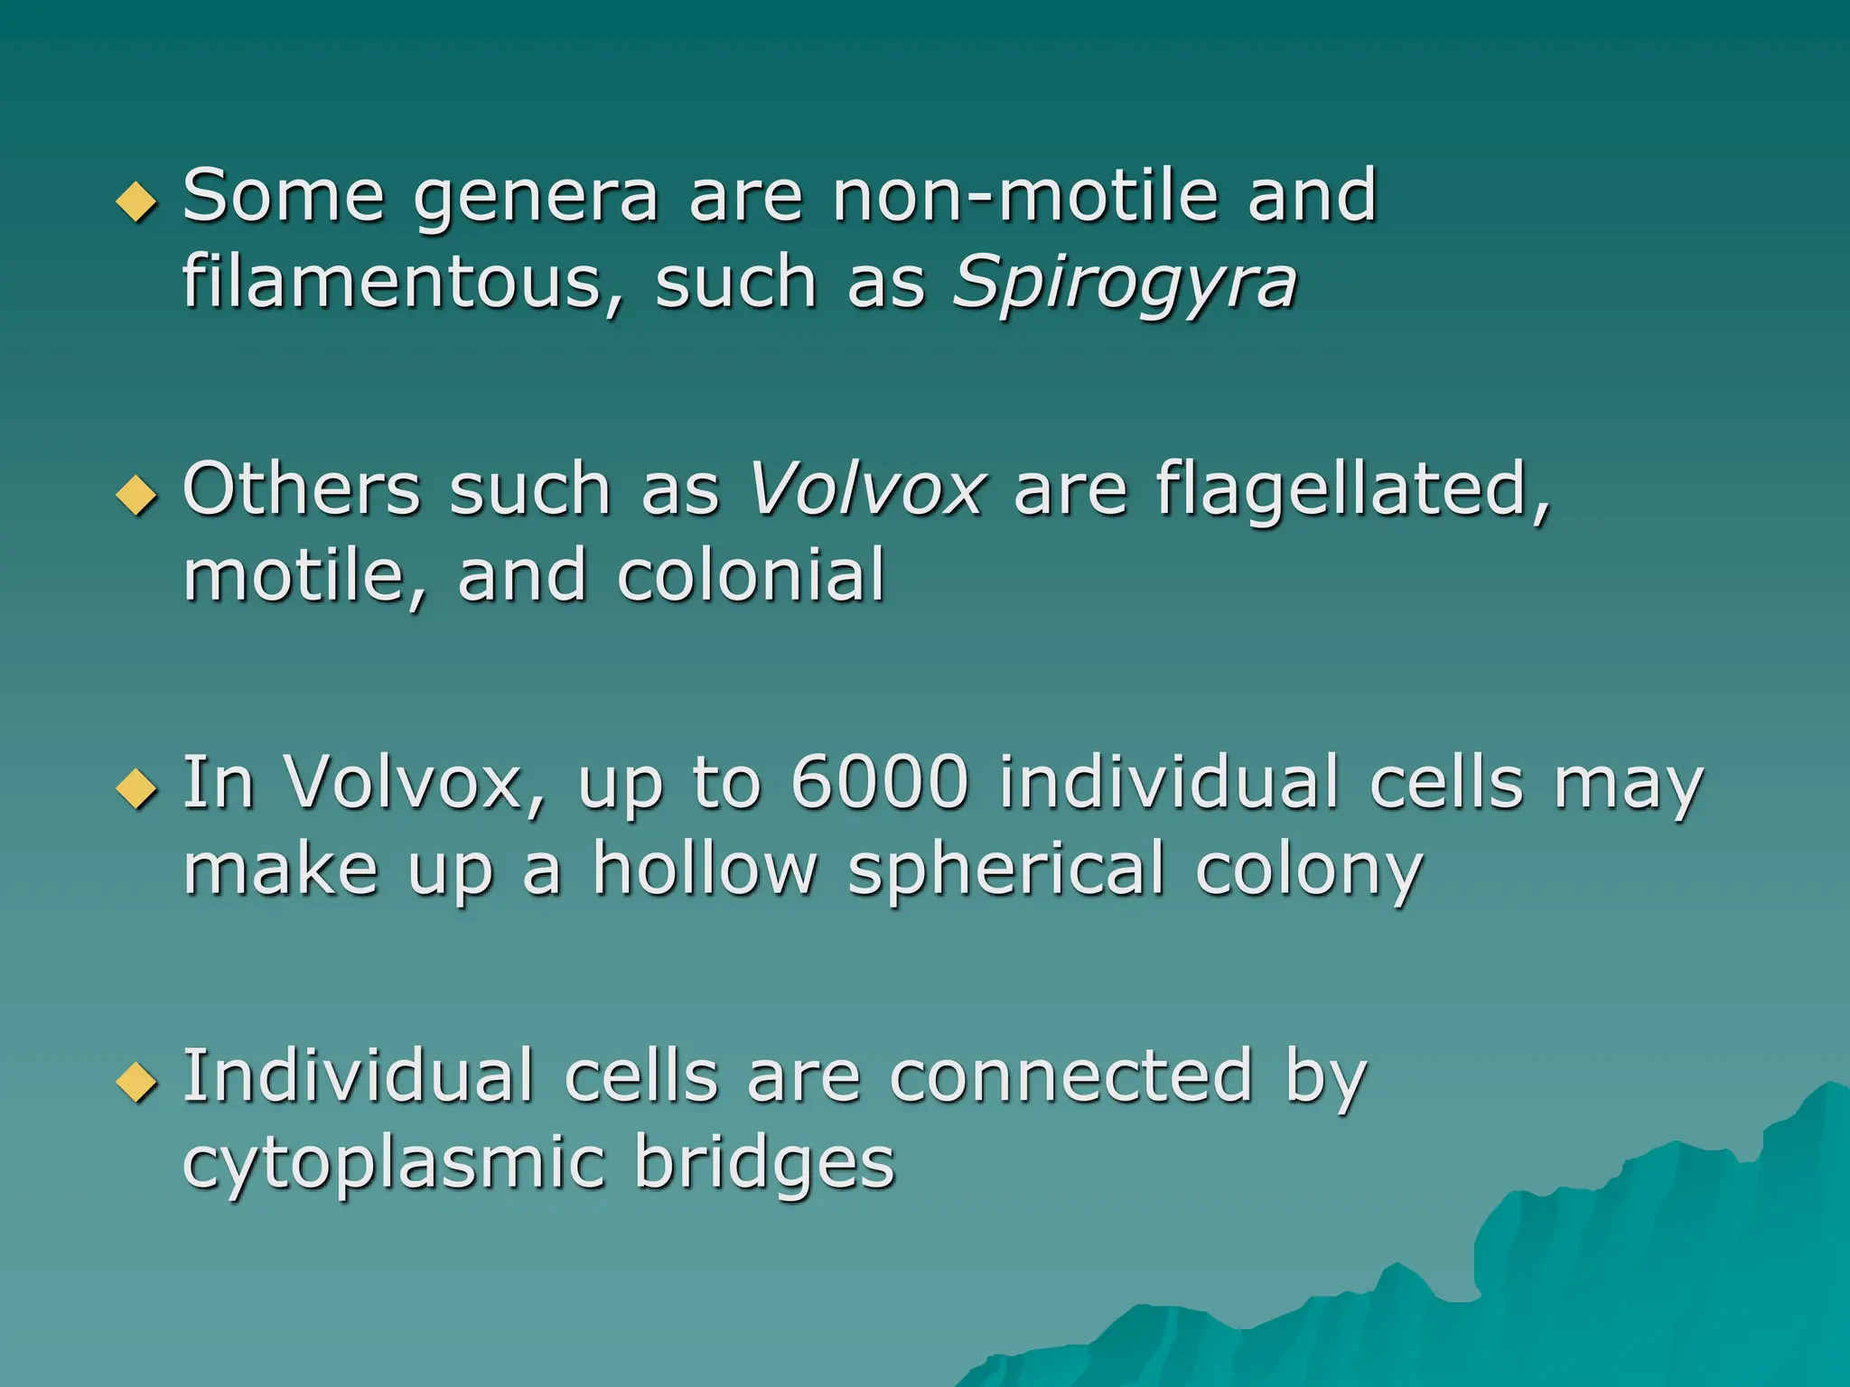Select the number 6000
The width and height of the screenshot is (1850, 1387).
[x=879, y=782]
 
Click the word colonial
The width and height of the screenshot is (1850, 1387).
[x=751, y=575]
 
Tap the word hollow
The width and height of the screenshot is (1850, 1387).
[x=705, y=869]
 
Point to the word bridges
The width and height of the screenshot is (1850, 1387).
[x=764, y=1164]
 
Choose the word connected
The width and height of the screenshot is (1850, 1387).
[x=1071, y=1076]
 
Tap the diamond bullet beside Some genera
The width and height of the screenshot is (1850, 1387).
[x=137, y=200]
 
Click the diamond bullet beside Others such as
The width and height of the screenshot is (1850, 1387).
[x=137, y=494]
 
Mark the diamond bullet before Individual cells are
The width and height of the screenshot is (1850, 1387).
[x=137, y=1081]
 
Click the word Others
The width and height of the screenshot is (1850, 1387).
[x=302, y=489]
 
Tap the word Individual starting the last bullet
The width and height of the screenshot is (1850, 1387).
[x=359, y=1076]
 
